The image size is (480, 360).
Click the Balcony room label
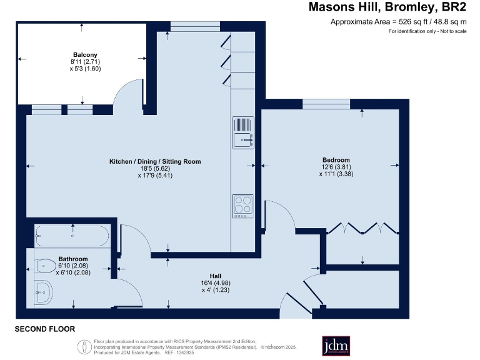click(85, 55)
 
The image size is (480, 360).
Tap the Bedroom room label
click(336, 160)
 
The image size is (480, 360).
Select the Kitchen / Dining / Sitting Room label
click(155, 161)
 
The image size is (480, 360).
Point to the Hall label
click(216, 276)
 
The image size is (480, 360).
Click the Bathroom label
click(73, 259)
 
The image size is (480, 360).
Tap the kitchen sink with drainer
click(243, 132)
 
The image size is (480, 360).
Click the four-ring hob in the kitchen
click(243, 206)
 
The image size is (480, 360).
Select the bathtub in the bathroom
click(72, 236)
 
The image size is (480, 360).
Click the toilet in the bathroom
click(46, 266)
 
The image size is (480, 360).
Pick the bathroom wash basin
click(44, 292)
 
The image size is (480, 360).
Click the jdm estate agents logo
click(336, 346)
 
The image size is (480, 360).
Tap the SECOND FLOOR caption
click(45, 329)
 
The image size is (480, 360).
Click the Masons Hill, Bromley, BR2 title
click(387, 7)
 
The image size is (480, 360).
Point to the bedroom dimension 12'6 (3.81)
click(336, 167)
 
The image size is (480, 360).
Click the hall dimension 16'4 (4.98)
click(216, 283)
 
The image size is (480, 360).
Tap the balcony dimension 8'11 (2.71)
click(86, 61)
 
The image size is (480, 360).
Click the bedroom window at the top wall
click(326, 104)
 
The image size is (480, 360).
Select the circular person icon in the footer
click(84, 347)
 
